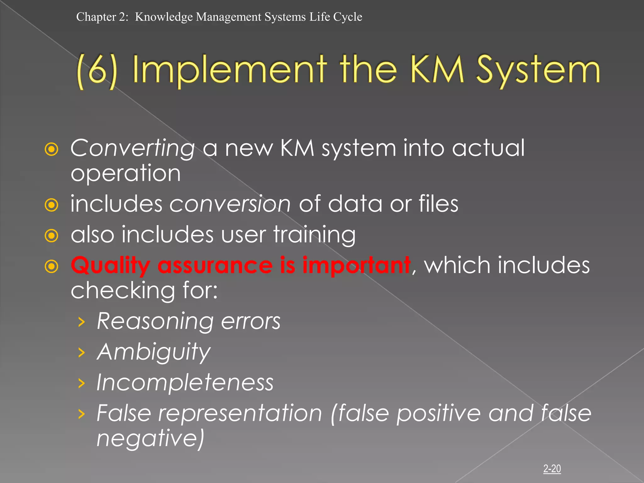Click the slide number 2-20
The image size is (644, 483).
[552, 469]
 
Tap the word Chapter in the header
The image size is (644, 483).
[96, 17]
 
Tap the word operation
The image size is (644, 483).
[125, 173]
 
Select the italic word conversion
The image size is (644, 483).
[230, 204]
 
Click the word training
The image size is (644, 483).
[314, 235]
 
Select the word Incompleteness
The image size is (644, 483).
[185, 383]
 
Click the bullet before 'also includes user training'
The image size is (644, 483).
[52, 236]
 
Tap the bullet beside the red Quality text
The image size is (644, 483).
[52, 266]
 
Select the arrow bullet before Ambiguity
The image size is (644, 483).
[81, 353]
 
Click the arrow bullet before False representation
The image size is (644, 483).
[81, 414]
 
